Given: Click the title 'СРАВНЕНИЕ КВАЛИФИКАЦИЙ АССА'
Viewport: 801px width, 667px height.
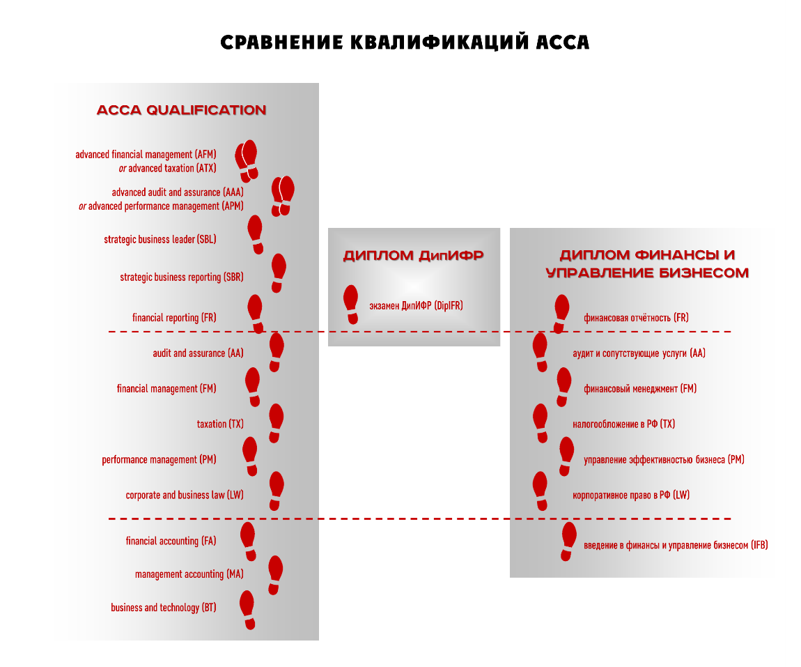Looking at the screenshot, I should (x=405, y=43).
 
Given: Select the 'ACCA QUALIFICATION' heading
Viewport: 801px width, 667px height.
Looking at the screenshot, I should (x=181, y=110).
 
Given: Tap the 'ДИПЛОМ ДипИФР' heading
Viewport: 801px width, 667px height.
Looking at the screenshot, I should (x=413, y=256).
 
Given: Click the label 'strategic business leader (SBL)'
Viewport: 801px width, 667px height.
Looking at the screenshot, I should (x=160, y=239).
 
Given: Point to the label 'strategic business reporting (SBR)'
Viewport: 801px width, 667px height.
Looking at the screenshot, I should (x=182, y=277).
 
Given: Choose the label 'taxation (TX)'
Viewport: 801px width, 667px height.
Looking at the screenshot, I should (x=220, y=424).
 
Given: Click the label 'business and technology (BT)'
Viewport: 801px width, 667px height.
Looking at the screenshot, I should (x=164, y=608).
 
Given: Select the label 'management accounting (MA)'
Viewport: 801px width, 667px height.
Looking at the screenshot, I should (x=189, y=574).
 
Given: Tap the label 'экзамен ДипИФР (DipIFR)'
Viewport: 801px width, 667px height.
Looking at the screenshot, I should (x=416, y=305).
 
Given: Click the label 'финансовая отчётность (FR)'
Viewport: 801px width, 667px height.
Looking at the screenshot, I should (x=636, y=318).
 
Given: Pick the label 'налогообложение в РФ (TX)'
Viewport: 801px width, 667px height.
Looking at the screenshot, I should (x=623, y=424).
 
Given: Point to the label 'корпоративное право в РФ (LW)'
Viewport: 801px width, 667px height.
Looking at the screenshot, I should (x=631, y=495).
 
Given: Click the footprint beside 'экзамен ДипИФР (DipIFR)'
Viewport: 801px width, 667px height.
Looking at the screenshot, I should (x=352, y=305).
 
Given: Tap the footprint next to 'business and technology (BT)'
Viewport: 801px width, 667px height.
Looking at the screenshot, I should (x=247, y=610).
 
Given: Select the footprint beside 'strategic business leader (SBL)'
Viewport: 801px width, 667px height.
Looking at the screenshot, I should (x=256, y=233).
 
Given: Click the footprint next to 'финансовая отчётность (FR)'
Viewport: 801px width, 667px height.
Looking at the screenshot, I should (x=561, y=313).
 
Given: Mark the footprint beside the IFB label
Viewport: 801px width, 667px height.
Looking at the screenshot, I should (x=568, y=541).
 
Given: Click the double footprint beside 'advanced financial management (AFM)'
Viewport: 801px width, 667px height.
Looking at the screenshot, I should (x=247, y=160).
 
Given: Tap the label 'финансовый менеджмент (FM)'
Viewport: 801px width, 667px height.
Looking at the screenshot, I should (x=640, y=389).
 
